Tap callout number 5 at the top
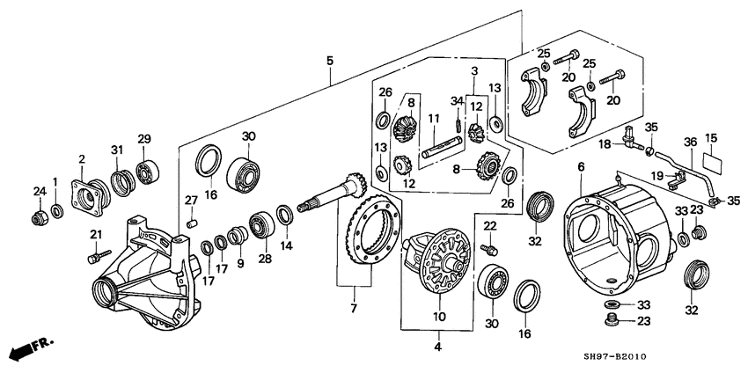click(329, 61)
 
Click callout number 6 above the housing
click(581, 167)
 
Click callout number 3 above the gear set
click(473, 70)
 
